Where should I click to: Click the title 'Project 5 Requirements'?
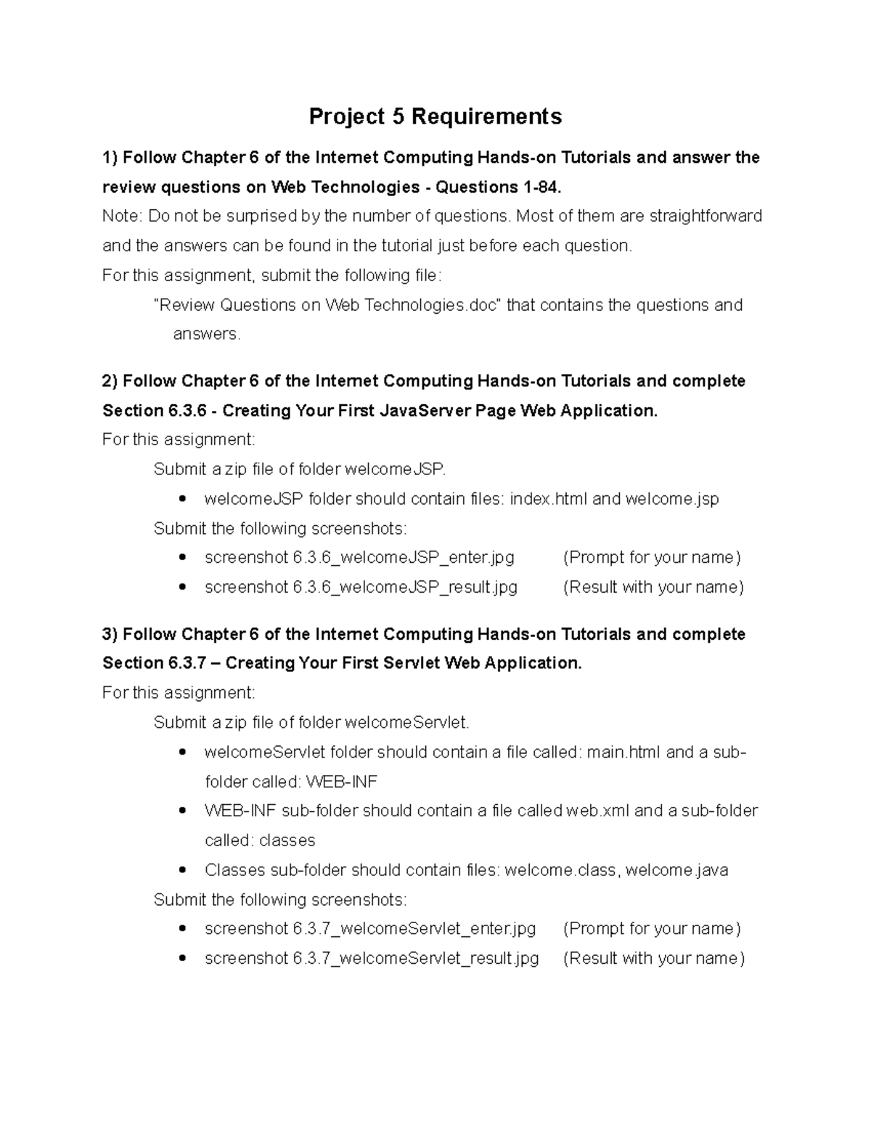point(435,116)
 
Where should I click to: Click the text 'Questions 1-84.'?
point(499,187)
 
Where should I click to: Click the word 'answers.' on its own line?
point(206,334)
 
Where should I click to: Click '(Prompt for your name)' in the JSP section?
point(652,558)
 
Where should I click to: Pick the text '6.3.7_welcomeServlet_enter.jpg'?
point(414,929)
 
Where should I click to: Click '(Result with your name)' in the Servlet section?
point(654,959)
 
